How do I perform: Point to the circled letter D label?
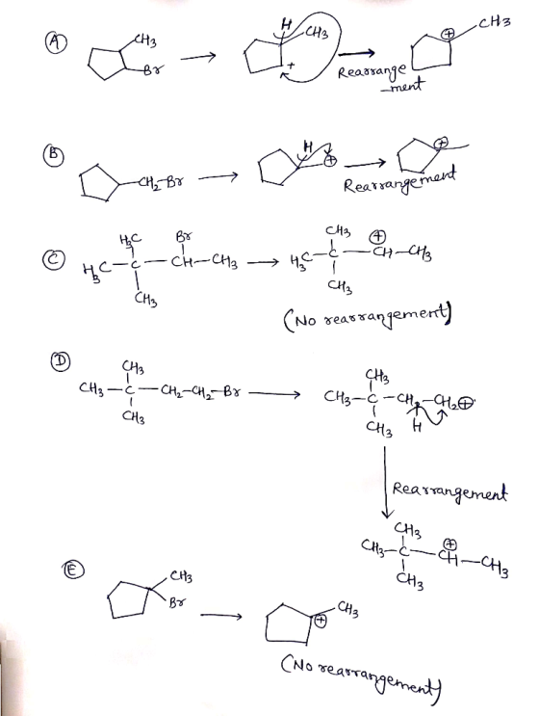[x=61, y=361]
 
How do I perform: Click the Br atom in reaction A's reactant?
[x=154, y=69]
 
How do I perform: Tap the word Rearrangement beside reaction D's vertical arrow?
[x=449, y=492]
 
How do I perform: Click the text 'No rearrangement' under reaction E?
[x=363, y=674]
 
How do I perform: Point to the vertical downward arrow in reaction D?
[x=386, y=482]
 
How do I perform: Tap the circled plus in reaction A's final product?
[x=449, y=34]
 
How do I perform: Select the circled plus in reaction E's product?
[x=321, y=621]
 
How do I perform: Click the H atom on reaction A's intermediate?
[x=287, y=24]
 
